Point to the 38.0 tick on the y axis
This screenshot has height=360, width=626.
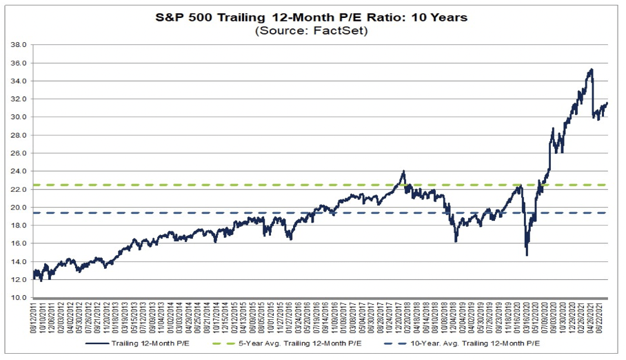19,45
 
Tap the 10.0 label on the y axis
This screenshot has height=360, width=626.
19,298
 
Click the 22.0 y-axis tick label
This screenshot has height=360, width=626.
19,190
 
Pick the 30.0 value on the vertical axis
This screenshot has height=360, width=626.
19,117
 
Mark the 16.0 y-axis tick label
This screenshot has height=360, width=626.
19,243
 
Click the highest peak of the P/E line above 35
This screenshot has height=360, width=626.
591,69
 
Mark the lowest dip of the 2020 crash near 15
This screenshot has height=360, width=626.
527,255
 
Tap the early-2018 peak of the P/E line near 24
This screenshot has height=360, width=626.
403,172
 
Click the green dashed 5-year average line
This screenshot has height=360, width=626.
207,185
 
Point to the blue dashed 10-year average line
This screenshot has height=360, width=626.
207,213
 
